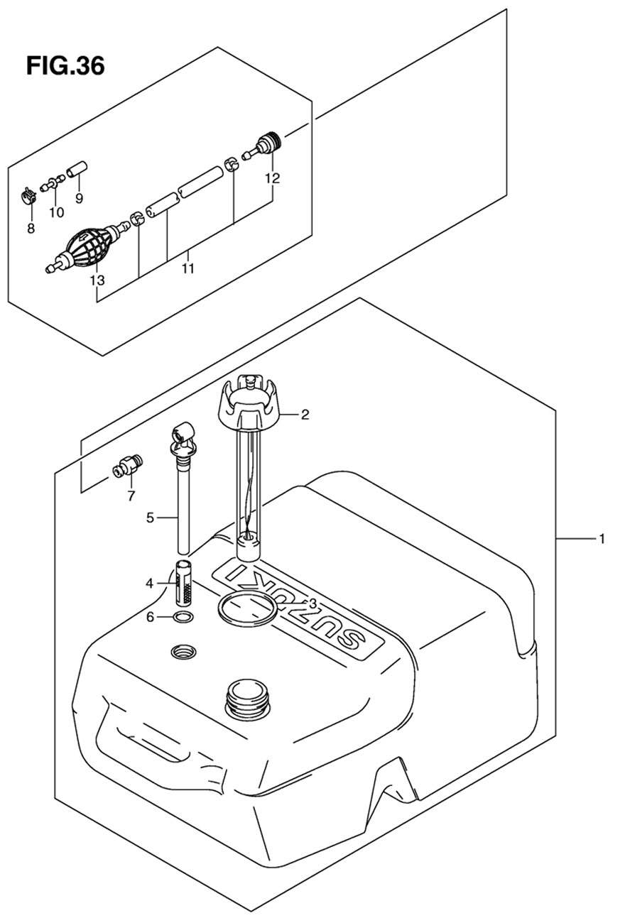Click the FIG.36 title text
(x=65, y=66)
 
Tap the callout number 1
(x=602, y=539)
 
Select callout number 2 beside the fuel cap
(x=305, y=415)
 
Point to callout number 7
(x=131, y=496)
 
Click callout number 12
(x=273, y=178)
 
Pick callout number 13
(x=97, y=280)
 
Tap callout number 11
(x=187, y=269)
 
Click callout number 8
(x=31, y=229)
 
